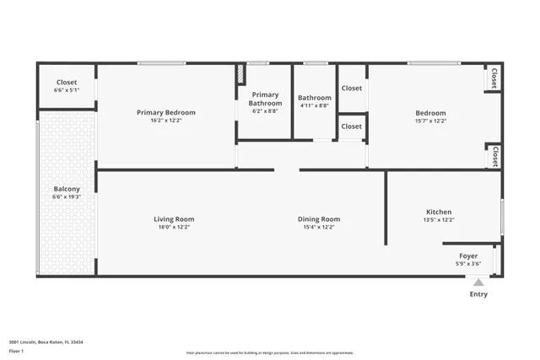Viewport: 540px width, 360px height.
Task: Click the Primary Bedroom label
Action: click(166, 112)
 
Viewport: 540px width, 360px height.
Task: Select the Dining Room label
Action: click(319, 219)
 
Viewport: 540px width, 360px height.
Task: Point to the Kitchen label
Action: click(438, 212)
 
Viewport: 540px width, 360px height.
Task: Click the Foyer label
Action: click(468, 255)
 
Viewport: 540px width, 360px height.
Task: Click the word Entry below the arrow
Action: click(478, 294)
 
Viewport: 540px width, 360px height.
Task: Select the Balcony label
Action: click(67, 189)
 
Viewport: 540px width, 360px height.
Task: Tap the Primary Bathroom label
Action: click(264, 99)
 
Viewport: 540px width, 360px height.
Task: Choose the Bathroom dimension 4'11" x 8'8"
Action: click(315, 106)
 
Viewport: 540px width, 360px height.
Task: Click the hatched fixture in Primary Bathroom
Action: click(240, 74)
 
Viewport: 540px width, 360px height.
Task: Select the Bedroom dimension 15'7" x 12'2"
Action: click(430, 121)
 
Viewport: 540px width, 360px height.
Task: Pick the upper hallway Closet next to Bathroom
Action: click(352, 88)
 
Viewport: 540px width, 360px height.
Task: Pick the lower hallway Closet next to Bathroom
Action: click(352, 126)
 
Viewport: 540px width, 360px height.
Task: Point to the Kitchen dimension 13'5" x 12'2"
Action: click(438, 220)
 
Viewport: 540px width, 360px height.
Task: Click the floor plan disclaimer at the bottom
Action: click(270, 353)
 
